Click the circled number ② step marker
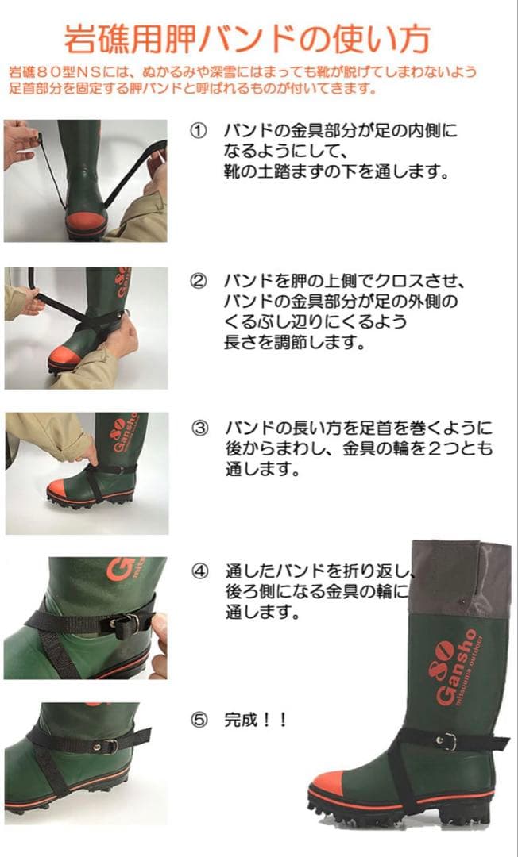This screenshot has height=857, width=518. (199, 281)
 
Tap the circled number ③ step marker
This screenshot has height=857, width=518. (199, 428)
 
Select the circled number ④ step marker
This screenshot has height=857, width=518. (199, 571)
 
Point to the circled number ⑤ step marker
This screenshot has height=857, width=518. (199, 721)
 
